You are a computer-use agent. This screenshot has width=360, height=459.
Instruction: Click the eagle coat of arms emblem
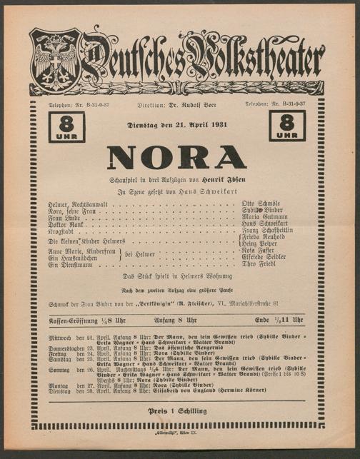coord(54,62)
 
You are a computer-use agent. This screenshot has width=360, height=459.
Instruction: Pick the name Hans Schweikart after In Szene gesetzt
coord(204,191)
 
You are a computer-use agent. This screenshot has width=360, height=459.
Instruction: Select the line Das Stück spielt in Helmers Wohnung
coord(179,276)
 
